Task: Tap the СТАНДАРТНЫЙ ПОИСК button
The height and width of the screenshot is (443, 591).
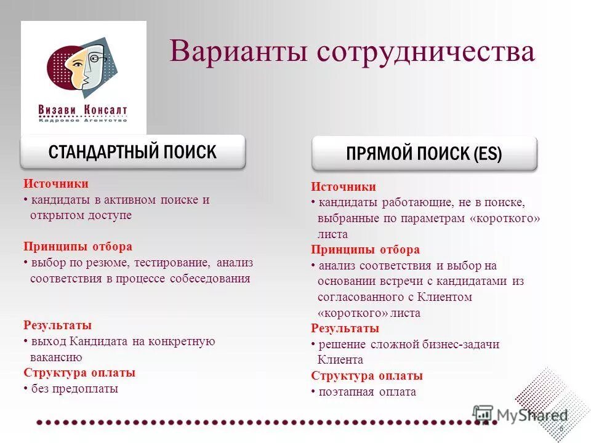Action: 132,152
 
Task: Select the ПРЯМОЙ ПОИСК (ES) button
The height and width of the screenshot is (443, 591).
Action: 424,154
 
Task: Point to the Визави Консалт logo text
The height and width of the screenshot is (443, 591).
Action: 82,110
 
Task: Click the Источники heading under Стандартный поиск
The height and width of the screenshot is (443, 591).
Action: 56,184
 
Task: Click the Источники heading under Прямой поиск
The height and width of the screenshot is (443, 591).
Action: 343,187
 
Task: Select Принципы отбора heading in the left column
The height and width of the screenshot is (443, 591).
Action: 78,247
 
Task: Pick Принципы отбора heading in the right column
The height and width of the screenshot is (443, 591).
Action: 365,250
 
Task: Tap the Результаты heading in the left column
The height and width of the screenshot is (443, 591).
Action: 58,325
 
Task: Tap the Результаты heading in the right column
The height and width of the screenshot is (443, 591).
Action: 345,329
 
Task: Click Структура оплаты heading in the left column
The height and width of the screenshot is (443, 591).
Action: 79,373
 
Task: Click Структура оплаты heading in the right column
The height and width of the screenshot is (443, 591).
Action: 367,376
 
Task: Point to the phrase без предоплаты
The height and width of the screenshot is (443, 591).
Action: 74,389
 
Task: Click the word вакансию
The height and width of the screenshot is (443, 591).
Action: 56,357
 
